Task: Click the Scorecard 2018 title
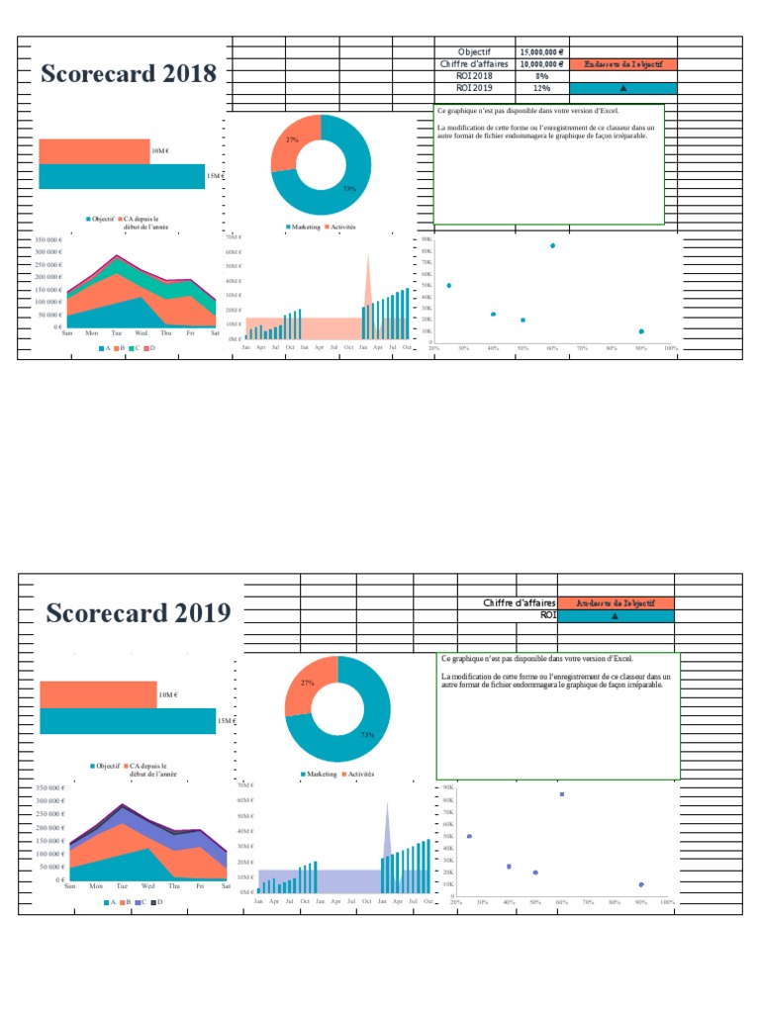tap(128, 74)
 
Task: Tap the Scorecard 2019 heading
tap(139, 613)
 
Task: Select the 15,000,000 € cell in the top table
tap(541, 51)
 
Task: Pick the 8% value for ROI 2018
tap(541, 75)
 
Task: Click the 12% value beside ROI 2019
tap(541, 88)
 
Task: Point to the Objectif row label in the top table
tap(474, 51)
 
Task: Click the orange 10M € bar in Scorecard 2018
tap(94, 150)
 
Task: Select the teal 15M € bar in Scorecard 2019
tap(127, 721)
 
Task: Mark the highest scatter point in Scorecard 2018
tap(552, 245)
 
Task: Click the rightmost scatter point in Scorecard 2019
tap(641, 884)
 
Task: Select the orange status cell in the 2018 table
tap(623, 63)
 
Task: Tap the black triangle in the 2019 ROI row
tap(615, 615)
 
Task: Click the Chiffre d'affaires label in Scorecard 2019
tap(519, 602)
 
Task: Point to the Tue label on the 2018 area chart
tap(116, 333)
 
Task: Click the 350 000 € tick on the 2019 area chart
tap(49, 788)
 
